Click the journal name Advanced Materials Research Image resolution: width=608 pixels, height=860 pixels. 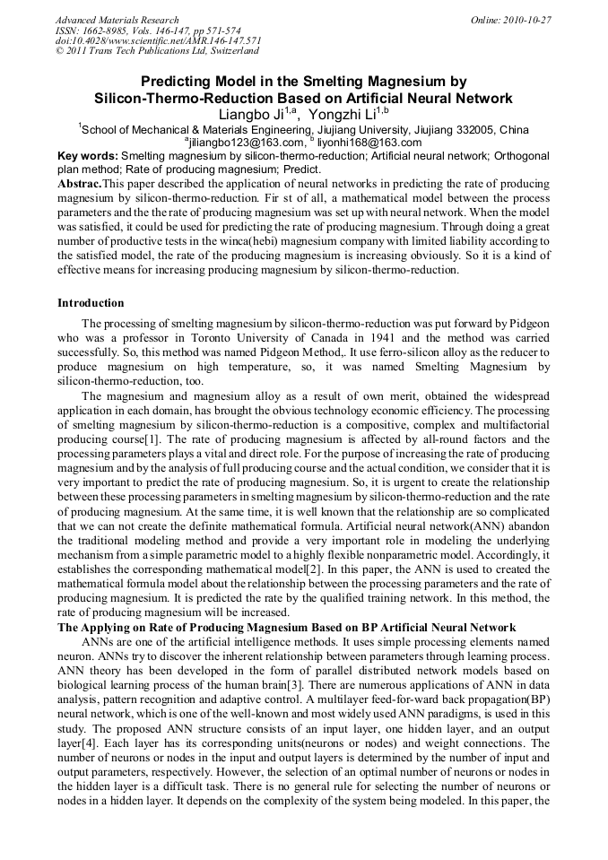point(117,20)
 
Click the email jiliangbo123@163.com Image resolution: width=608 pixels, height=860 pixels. point(246,142)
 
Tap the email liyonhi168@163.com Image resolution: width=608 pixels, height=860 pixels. point(369,142)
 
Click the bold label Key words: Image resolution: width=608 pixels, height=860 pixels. point(87,155)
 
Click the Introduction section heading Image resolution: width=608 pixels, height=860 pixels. point(91,303)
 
